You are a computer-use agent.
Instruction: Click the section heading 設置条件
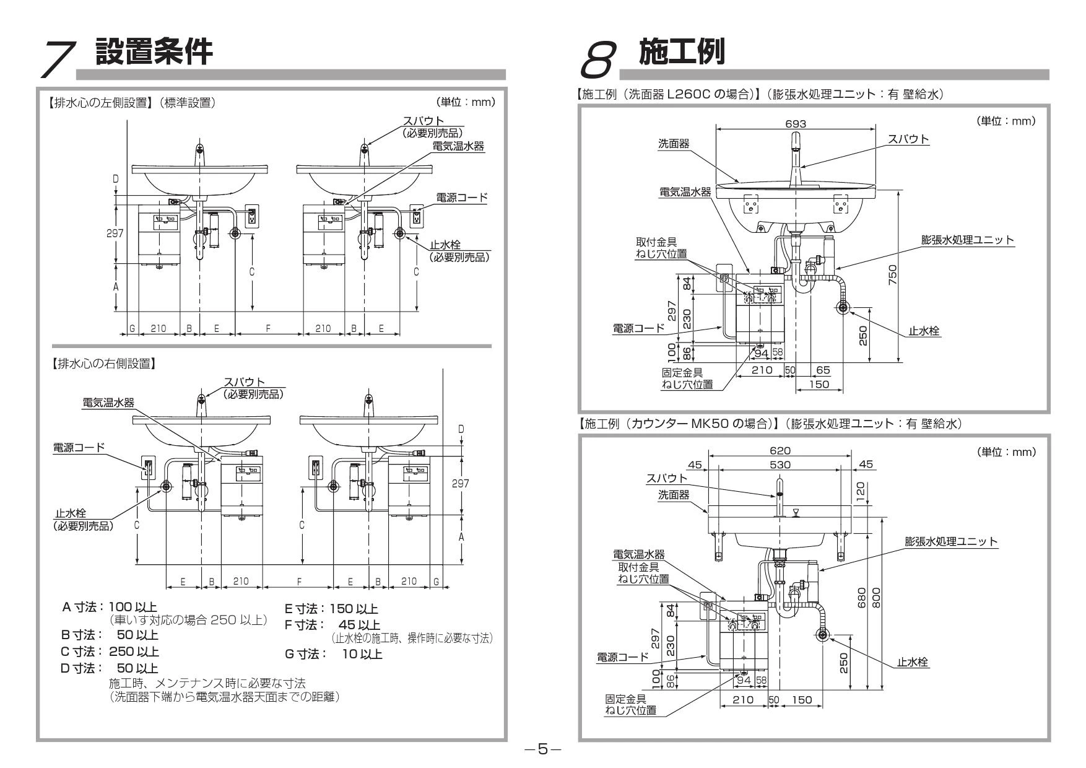click(154, 52)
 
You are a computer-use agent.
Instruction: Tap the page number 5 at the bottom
click(542, 749)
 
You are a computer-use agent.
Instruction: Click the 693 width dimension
click(795, 124)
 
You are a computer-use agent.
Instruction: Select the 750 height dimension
click(892, 275)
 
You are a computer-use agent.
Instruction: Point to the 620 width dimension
click(778, 452)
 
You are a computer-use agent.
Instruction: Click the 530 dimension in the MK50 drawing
click(778, 465)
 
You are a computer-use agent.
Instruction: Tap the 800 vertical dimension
click(876, 598)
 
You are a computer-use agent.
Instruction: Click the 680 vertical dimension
click(862, 598)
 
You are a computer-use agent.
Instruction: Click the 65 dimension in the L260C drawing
click(823, 370)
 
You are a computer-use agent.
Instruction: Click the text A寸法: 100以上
click(110, 608)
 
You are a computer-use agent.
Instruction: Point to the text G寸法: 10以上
click(333, 654)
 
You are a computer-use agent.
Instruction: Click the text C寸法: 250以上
click(110, 652)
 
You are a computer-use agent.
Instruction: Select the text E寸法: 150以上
click(331, 609)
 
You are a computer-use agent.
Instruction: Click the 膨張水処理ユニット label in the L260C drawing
click(968, 240)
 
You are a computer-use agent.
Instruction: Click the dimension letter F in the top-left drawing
click(268, 328)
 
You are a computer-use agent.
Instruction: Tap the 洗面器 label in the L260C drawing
click(673, 144)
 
